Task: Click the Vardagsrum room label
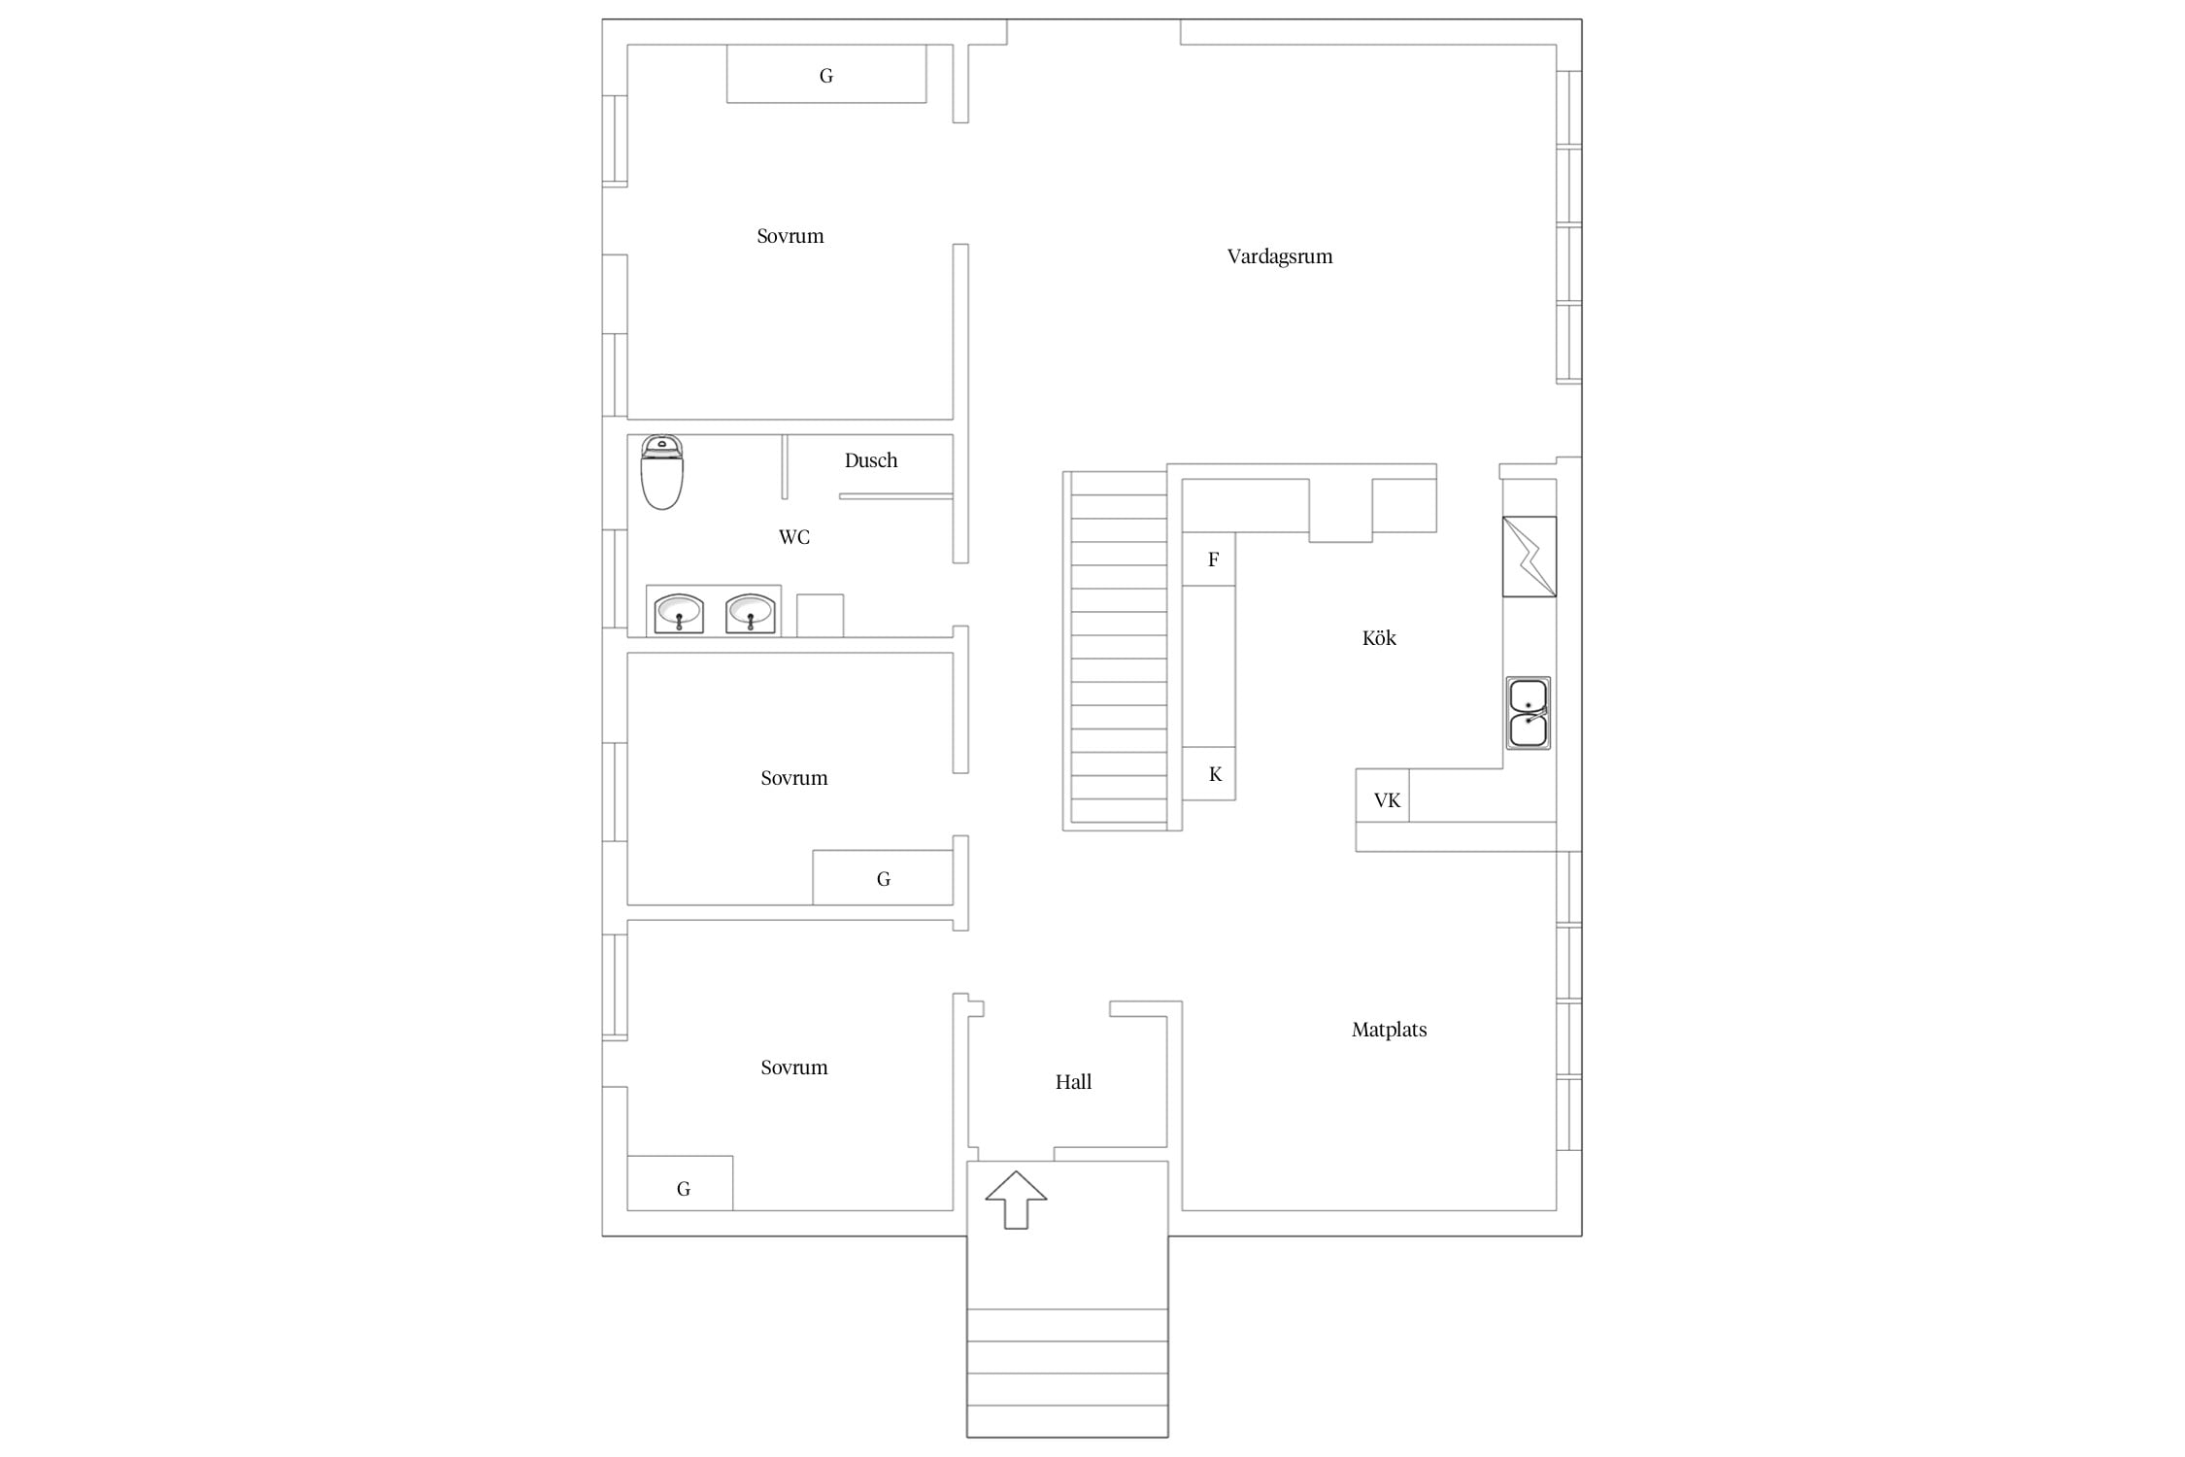coord(1279,257)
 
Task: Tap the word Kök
coord(1379,638)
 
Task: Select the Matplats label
coord(1389,1030)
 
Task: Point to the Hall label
coord(1073,1082)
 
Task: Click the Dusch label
coord(870,460)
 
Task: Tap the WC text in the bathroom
coord(793,537)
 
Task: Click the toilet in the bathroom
coord(662,472)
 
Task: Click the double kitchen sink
coord(1529,713)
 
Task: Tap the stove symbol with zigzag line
coord(1529,557)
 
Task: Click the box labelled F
coord(1209,559)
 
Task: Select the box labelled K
coord(1209,773)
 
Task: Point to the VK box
coord(1383,796)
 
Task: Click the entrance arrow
coord(1016,1200)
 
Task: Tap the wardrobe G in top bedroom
coord(826,74)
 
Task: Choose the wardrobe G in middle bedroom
coord(883,878)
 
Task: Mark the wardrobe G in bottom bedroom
coord(680,1183)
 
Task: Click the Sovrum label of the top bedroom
coord(790,236)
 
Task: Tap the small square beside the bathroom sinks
coord(820,616)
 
